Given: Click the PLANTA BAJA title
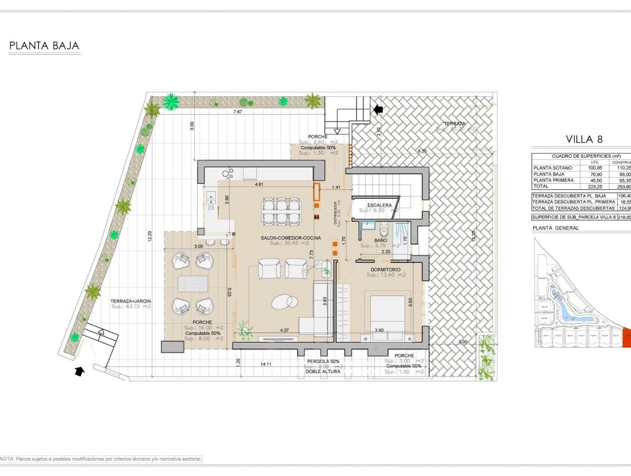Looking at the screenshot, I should (44, 46).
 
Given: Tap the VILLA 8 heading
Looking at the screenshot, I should (583, 139).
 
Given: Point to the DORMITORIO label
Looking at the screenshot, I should (386, 270).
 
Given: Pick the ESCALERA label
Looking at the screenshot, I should (379, 205).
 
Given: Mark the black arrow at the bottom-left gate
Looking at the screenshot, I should (80, 371).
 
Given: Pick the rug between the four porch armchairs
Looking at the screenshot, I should (192, 283).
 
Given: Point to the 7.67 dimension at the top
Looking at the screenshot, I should (237, 112).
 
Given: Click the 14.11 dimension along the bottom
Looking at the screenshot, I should (266, 364).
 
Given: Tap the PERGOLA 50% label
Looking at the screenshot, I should (323, 361).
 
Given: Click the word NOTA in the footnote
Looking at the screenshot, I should (7, 459).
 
